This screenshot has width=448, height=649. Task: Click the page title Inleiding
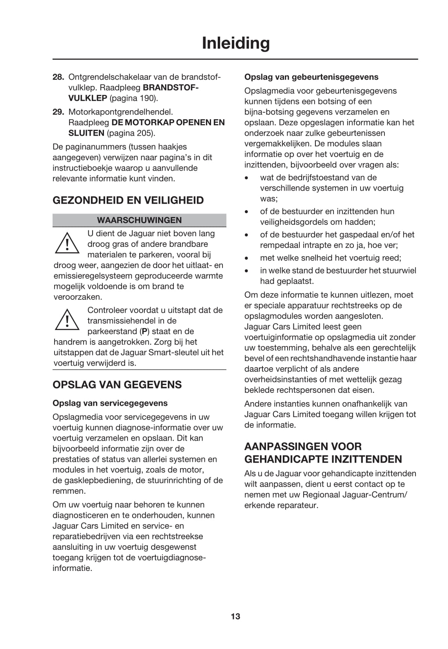click(x=235, y=43)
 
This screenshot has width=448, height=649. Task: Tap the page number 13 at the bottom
click(x=235, y=616)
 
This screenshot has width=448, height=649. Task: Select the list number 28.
click(x=58, y=77)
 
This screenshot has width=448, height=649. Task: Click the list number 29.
click(x=58, y=112)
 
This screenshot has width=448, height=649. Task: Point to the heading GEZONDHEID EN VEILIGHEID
click(x=128, y=200)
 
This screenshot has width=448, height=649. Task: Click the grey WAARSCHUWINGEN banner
click(x=139, y=220)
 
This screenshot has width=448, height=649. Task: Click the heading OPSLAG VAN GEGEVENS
click(x=117, y=385)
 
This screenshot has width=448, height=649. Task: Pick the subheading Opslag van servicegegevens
click(x=110, y=403)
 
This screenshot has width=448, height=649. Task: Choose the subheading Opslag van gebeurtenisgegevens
click(x=311, y=77)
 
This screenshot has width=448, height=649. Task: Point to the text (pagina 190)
click(x=133, y=98)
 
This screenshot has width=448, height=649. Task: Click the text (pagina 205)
click(x=131, y=133)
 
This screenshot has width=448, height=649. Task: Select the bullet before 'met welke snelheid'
click(x=246, y=259)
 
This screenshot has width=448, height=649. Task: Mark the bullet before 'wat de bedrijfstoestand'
click(x=246, y=178)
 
